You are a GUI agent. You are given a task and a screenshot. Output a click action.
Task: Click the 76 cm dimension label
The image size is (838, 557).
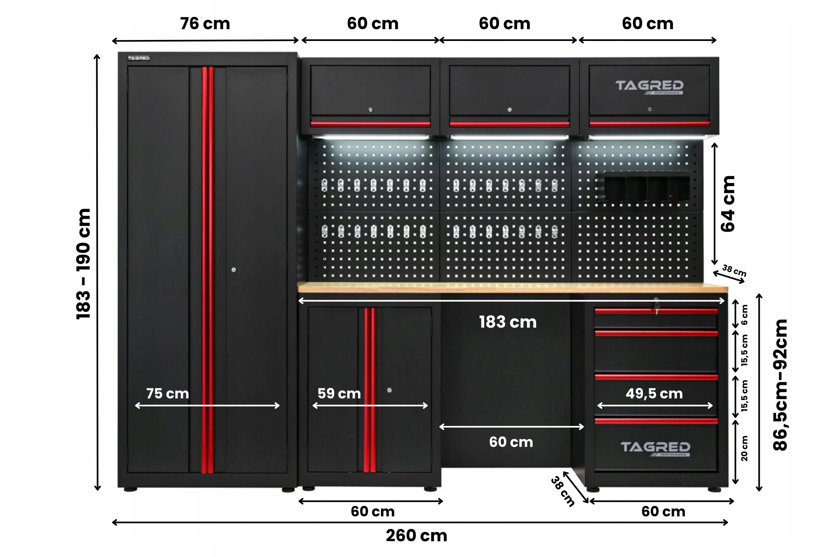coord(205,24)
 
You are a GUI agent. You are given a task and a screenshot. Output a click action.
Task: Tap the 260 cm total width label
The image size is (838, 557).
coord(416,535)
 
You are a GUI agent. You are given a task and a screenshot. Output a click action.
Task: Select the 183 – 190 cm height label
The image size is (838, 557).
coord(84,264)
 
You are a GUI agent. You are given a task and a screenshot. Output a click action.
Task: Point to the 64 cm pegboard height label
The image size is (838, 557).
coord(728,204)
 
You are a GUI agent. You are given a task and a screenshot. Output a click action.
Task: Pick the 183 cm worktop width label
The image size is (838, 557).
coord(508,322)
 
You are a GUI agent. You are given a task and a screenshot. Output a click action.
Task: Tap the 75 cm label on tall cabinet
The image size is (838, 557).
coord(168,393)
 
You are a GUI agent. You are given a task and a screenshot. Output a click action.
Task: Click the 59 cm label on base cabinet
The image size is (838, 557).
coord(339,393)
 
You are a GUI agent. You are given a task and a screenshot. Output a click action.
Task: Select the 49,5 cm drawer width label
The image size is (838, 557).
coord(654,393)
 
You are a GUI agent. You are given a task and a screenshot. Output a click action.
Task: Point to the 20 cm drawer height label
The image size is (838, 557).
coord(744,448)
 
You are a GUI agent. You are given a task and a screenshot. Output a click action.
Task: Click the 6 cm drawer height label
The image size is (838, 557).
coord(744,315)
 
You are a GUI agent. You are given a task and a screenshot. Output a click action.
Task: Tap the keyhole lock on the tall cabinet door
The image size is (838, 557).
coord(233,270)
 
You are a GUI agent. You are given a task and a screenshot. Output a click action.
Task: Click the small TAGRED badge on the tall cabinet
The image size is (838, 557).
coord(139,58)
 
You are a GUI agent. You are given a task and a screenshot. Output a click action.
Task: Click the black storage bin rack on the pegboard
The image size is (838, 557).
coord(647,187)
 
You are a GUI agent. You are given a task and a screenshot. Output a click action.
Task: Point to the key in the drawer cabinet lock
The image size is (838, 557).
coord(657,306)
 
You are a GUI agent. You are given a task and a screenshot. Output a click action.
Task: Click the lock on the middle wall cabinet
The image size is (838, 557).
coord(510,110)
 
